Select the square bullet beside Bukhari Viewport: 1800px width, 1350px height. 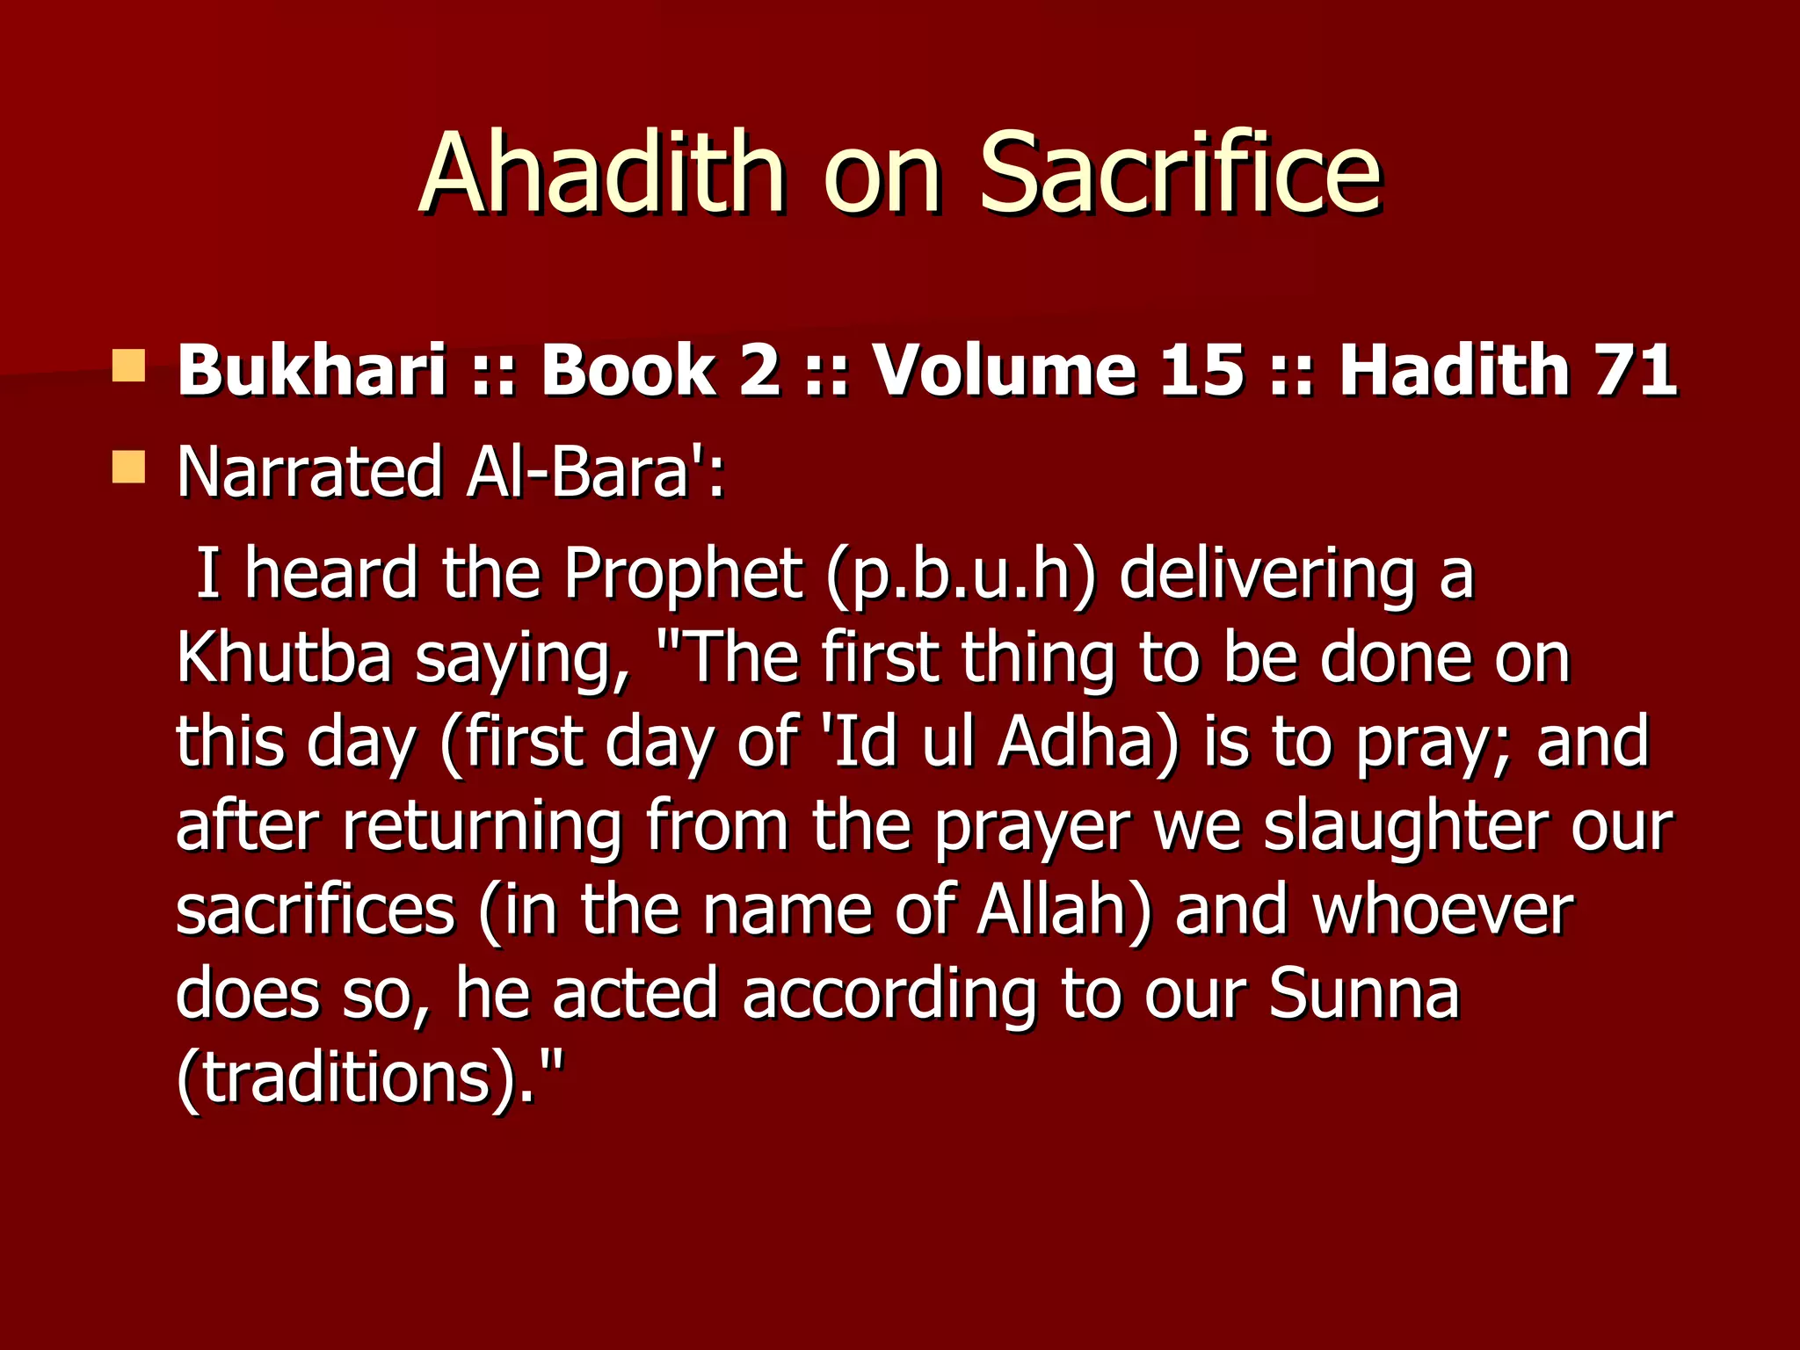pos(128,366)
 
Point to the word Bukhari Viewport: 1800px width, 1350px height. pos(312,369)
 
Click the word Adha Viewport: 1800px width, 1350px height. pos(1087,742)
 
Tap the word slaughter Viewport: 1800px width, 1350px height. pos(1404,826)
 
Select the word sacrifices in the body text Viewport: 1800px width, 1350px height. pos(315,911)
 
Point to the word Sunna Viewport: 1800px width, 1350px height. pos(1363,994)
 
